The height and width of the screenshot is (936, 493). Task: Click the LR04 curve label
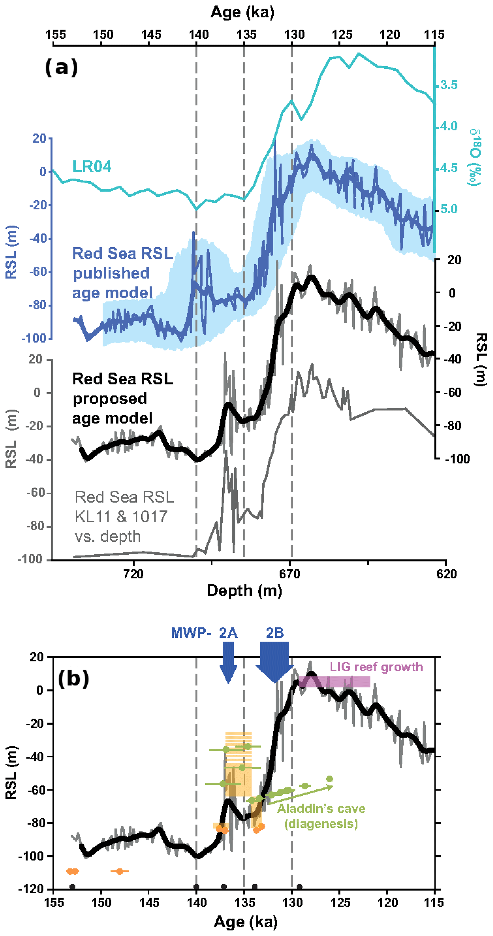point(92,166)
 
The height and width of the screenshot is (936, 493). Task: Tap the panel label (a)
point(61,67)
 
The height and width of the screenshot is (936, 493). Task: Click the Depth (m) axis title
point(244,590)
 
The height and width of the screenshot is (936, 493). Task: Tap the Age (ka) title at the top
point(242,12)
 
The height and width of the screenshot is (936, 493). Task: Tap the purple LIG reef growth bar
point(334,682)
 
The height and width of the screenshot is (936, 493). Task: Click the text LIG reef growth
point(376,667)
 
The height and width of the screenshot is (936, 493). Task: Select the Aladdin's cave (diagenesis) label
point(321,816)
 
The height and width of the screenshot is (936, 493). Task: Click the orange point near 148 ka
point(119,871)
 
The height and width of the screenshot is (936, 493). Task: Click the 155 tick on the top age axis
point(56,35)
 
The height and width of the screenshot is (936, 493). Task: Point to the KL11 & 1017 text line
point(121,516)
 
